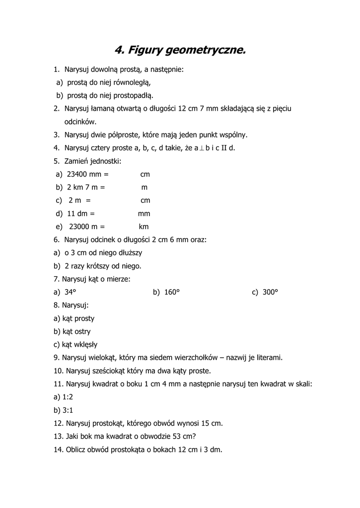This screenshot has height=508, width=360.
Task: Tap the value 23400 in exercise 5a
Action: pos(76,174)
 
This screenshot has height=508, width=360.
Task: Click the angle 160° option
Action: pos(171,292)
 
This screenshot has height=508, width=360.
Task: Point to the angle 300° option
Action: pos(270,292)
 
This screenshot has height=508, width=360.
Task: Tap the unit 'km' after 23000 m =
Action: pos(144,226)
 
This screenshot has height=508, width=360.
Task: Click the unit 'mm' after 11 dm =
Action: pos(144,213)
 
